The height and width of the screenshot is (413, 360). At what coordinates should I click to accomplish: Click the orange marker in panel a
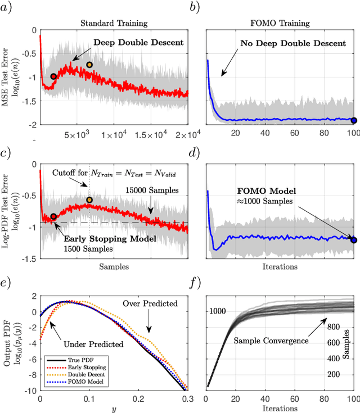[x=89, y=65]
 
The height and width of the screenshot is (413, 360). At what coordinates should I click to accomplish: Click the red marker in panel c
[x=53, y=216]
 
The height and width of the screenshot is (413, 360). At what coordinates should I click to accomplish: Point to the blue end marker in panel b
[x=354, y=120]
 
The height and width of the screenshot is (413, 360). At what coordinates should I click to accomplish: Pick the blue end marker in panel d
[x=354, y=240]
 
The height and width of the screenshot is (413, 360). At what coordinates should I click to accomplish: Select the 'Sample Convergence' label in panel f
[x=270, y=341]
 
